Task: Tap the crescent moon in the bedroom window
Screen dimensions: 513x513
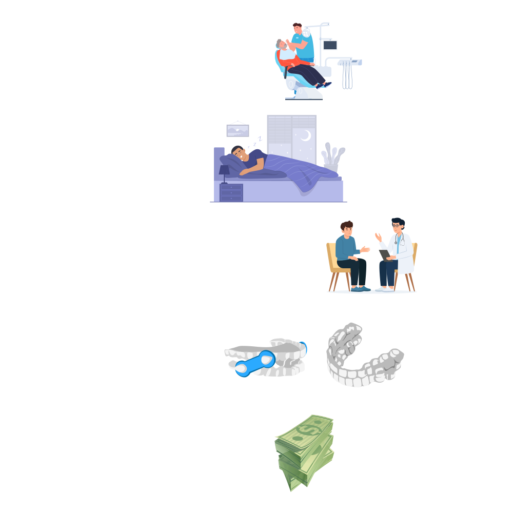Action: coord(306,135)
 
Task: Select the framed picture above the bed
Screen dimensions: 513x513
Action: coord(238,129)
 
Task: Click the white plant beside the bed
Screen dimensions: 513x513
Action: coord(332,156)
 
